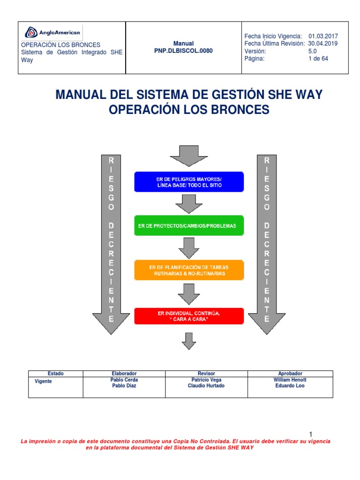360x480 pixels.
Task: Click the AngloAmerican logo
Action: (x=52, y=33)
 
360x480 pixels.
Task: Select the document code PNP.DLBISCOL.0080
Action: (x=183, y=51)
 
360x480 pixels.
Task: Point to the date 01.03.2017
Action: (x=323, y=36)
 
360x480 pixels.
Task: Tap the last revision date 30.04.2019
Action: (x=323, y=44)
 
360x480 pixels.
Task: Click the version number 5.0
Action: (x=312, y=51)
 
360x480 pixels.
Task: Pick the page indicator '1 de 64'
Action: (x=318, y=59)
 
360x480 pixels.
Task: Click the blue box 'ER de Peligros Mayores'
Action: (x=189, y=182)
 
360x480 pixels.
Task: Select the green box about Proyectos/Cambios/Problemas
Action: (x=189, y=226)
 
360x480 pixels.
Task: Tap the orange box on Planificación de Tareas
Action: (x=189, y=270)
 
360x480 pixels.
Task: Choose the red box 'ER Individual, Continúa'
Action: (x=189, y=316)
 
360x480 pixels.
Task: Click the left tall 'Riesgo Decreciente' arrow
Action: (x=111, y=244)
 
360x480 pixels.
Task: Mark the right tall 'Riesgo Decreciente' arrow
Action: (x=267, y=244)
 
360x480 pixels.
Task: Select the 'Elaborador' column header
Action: (x=124, y=374)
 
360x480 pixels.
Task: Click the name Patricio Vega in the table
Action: (x=207, y=380)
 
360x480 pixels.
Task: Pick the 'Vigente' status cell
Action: (x=44, y=382)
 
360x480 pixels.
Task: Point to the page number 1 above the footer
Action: (x=310, y=434)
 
